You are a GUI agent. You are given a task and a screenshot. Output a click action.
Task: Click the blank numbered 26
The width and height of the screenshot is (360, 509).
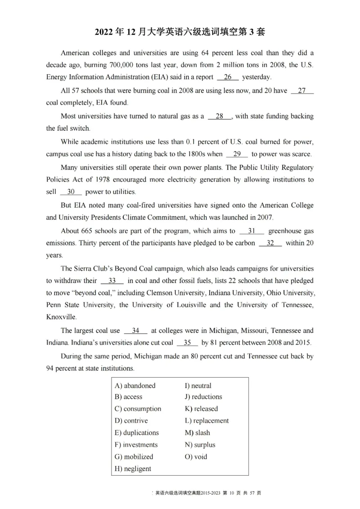pos(228,77)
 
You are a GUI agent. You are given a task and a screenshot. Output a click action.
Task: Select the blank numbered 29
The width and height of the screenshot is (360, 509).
pos(237,154)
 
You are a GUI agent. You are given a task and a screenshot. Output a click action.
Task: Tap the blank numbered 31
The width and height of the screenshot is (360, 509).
pos(252,231)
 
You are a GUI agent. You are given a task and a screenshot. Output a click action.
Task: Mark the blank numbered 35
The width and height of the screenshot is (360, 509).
pos(187,343)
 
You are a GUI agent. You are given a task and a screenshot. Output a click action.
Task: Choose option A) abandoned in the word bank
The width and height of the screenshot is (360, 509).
pos(135,386)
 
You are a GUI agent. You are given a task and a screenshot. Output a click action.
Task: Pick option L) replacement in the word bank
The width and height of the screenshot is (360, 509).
pos(207,421)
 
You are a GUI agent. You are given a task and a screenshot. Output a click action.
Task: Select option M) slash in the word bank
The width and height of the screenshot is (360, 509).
pos(198,433)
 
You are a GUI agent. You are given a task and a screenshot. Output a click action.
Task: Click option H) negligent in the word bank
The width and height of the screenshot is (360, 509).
pos(133,469)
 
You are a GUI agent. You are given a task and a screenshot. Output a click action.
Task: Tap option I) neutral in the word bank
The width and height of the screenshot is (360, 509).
pos(198,386)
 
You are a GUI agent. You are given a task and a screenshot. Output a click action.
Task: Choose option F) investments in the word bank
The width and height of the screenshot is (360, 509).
pos(136,445)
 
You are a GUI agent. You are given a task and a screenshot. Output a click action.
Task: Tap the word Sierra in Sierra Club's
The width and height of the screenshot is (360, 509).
pos(85,269)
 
